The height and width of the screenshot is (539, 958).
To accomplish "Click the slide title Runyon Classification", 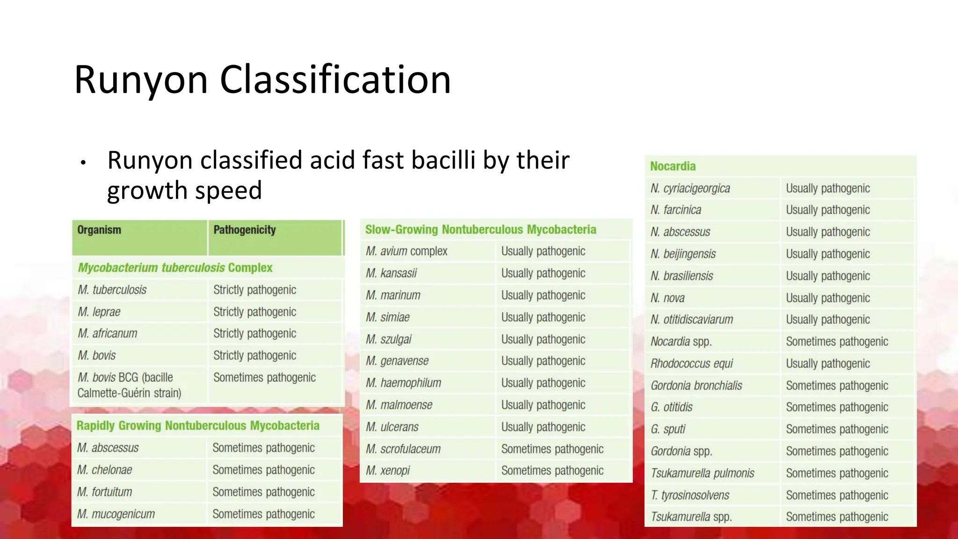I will (x=262, y=80).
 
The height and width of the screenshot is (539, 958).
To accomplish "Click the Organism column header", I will (x=99, y=230).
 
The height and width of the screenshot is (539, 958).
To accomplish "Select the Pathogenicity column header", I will (x=244, y=230).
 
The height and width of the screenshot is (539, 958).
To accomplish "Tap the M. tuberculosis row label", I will (x=112, y=290).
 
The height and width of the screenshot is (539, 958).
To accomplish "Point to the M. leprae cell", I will (x=99, y=312).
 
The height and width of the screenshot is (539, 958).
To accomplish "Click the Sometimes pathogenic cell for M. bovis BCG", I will (x=264, y=378).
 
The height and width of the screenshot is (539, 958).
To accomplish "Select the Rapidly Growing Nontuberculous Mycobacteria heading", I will (x=198, y=426).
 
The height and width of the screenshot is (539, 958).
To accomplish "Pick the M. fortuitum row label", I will (x=104, y=492).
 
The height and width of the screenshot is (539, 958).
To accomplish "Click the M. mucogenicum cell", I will (x=116, y=514).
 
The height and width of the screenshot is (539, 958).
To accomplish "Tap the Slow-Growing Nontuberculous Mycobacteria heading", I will (x=480, y=230).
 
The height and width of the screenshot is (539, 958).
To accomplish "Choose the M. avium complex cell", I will (x=406, y=251).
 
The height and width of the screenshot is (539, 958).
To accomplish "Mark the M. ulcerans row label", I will (x=392, y=427).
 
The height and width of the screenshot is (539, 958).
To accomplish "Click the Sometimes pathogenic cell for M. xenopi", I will (x=552, y=471).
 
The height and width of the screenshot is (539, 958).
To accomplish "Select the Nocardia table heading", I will (x=673, y=167).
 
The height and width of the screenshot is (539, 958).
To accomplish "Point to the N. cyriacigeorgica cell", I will (x=690, y=189).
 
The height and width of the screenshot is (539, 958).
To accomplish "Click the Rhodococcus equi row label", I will (x=691, y=364).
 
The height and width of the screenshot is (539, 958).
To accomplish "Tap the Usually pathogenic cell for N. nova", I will (x=827, y=298).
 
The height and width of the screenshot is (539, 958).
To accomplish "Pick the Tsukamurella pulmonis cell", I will (x=702, y=473).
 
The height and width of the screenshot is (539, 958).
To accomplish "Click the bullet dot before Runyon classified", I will (x=83, y=163).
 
